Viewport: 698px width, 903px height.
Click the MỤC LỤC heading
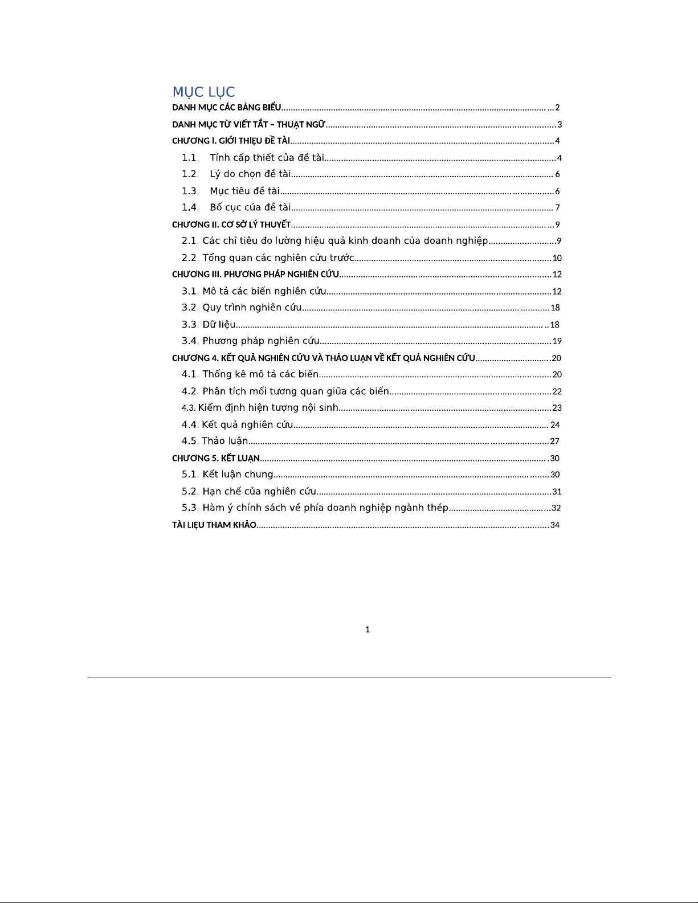point(203,92)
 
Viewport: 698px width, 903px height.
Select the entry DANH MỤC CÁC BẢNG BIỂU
point(227,108)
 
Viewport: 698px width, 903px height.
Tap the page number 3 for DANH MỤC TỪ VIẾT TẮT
point(560,125)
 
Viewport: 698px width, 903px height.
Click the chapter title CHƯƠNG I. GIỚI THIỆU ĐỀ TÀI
point(231,141)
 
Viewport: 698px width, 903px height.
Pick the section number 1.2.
point(190,174)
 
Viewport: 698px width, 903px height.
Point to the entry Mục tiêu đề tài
point(244,191)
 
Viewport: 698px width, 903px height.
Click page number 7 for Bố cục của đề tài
point(557,208)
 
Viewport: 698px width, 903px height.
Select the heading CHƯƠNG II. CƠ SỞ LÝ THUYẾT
point(231,224)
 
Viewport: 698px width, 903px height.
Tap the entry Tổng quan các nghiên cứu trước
point(278,258)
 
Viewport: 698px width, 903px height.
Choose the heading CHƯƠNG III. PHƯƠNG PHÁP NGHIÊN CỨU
point(256,275)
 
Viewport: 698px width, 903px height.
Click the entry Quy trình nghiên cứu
point(252,308)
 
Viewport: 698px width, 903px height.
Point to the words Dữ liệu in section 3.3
point(219,325)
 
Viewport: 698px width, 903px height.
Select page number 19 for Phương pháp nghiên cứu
point(557,341)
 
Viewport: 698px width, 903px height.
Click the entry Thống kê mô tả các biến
point(260,374)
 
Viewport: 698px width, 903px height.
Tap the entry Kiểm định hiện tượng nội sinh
point(268,408)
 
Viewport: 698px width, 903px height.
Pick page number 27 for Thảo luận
point(554,442)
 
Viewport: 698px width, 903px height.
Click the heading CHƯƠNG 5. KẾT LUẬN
point(216,458)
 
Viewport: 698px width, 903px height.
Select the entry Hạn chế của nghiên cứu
point(259,491)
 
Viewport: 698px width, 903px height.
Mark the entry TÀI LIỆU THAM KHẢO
point(214,525)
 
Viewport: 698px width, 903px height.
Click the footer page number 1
point(368,630)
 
